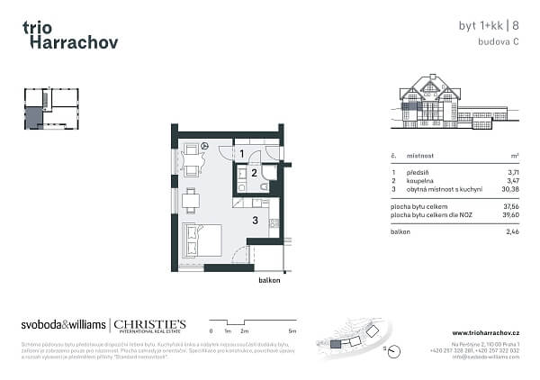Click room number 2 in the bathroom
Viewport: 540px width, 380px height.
tap(255, 173)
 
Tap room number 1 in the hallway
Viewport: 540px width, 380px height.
tap(241, 155)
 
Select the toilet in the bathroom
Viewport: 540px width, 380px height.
tap(265, 185)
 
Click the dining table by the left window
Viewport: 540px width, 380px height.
tap(190, 199)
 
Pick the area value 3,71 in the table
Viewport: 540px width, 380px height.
tap(512, 171)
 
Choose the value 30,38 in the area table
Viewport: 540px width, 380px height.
tap(510, 189)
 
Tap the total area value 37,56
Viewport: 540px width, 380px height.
tap(510, 206)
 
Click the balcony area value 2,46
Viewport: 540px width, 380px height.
tap(512, 232)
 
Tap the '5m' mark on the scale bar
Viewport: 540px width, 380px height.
tap(293, 332)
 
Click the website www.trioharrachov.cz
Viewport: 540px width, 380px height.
tap(486, 333)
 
